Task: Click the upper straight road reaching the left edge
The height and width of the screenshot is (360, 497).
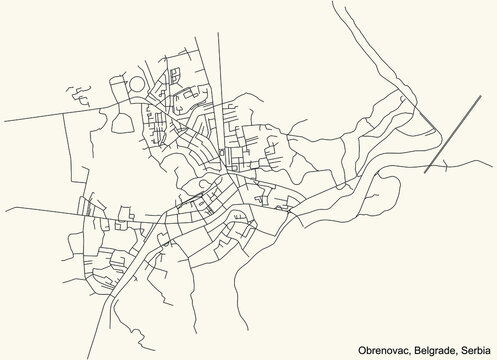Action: tap(30, 118)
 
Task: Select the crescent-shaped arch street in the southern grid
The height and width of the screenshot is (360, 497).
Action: tap(238, 225)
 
